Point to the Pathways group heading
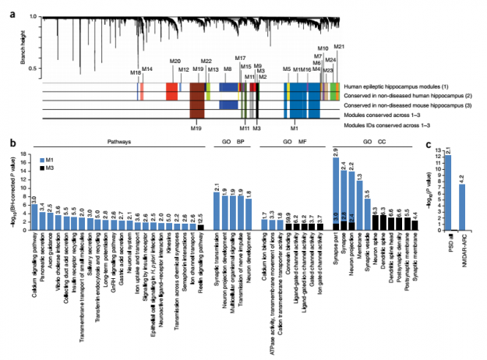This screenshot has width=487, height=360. (x=115, y=143)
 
